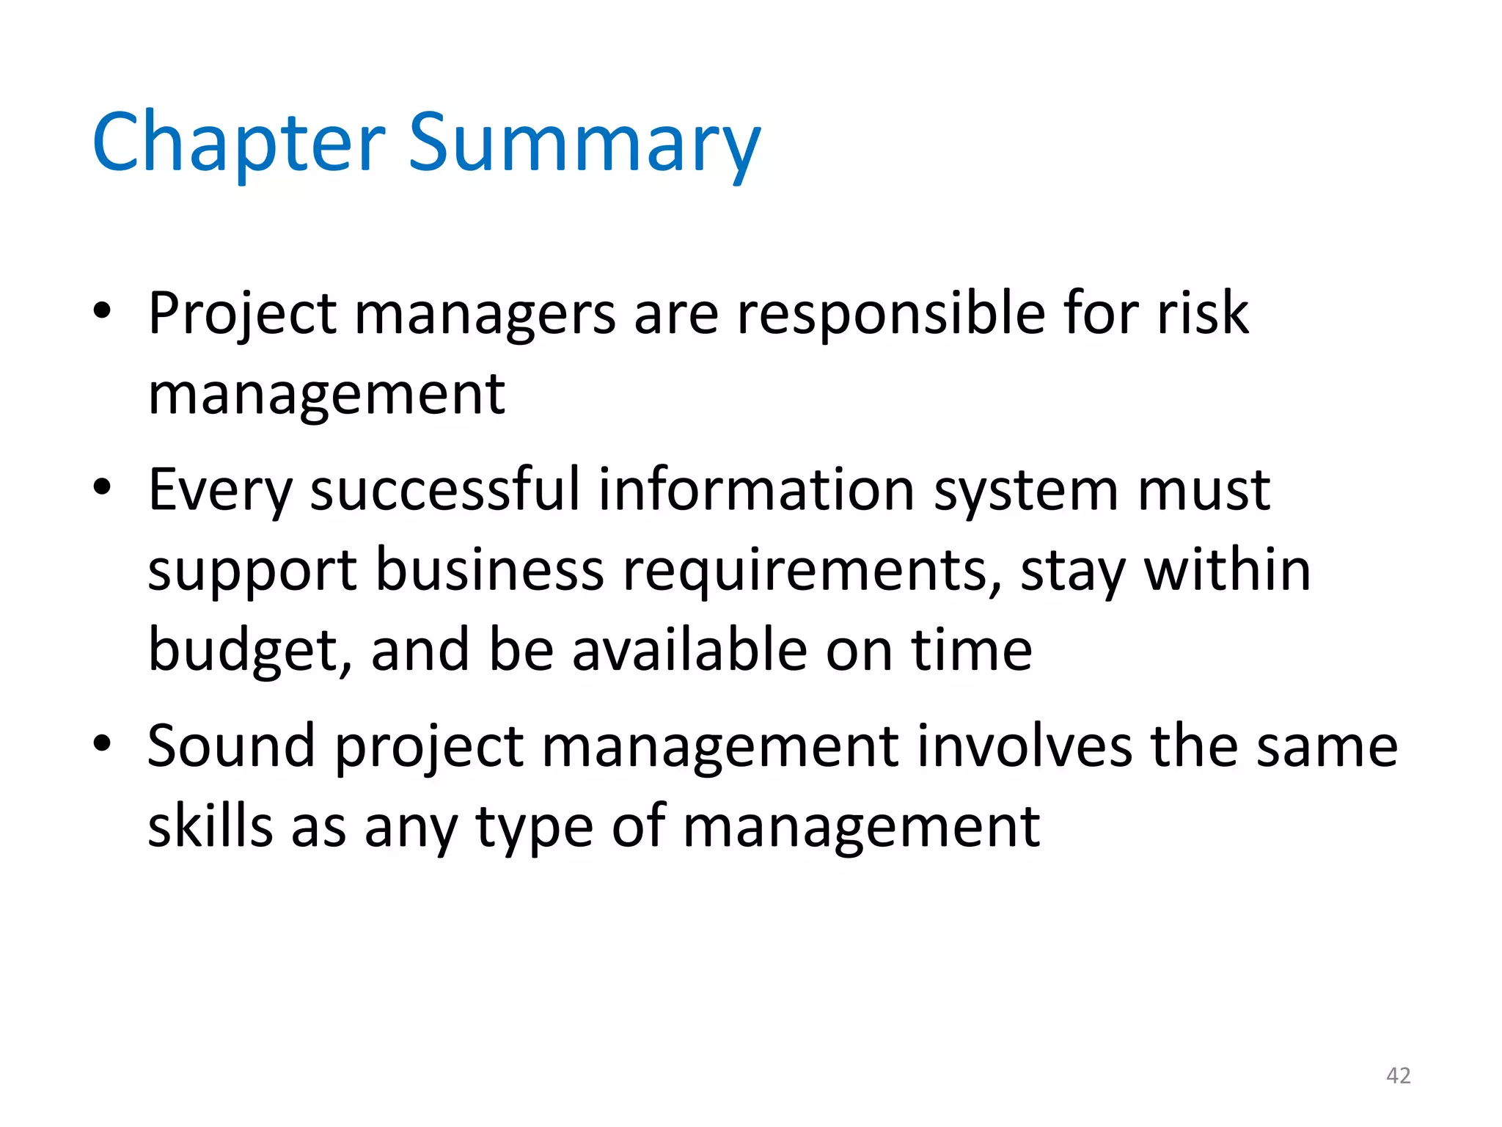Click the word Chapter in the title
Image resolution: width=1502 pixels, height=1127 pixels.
click(x=238, y=143)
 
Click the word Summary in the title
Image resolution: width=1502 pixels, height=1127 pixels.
click(x=584, y=143)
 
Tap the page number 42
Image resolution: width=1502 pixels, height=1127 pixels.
click(x=1398, y=1076)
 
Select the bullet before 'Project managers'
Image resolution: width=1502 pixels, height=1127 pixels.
click(x=102, y=311)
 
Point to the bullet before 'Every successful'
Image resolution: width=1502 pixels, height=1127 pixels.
click(x=102, y=487)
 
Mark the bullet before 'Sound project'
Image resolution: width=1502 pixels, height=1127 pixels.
click(x=102, y=744)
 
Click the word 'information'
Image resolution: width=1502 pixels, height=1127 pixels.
click(x=756, y=489)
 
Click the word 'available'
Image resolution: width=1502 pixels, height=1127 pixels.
click(x=689, y=650)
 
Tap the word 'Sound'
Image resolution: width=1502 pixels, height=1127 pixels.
click(x=231, y=746)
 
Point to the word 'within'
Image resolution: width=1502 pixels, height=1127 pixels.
click(x=1228, y=570)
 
